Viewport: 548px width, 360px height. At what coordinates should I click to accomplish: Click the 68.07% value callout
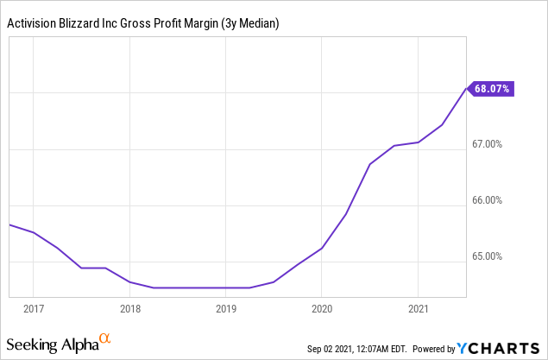(x=493, y=88)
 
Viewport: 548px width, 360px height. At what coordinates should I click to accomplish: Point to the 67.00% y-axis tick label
(x=495, y=144)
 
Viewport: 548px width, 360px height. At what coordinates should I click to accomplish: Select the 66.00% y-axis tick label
(x=495, y=200)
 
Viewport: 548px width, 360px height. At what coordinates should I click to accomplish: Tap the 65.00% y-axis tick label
(x=495, y=256)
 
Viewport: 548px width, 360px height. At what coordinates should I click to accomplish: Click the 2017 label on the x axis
(x=33, y=308)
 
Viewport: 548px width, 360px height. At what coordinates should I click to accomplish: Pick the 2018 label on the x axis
(x=129, y=308)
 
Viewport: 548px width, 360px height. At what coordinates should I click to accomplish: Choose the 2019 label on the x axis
(x=225, y=308)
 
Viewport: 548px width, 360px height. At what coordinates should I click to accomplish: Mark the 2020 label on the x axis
(x=322, y=308)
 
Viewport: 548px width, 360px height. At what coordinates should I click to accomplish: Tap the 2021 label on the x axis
(x=419, y=308)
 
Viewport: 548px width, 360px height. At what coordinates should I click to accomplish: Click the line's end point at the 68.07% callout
(x=466, y=88)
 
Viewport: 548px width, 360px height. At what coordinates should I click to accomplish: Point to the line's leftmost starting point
(x=9, y=224)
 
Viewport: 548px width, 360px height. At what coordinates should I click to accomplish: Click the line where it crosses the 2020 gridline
(x=322, y=248)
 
